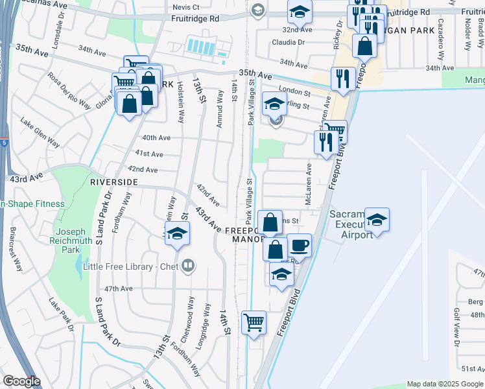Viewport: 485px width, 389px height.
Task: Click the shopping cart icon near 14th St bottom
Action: (254, 322)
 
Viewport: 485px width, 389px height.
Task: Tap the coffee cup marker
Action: (299, 244)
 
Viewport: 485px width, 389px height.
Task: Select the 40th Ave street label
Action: (156, 137)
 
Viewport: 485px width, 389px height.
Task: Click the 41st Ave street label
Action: (149, 154)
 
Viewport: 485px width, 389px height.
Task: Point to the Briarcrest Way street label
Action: (15, 250)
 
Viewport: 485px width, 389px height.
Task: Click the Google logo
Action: (21, 381)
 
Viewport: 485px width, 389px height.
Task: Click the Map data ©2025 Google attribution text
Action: (445, 384)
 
